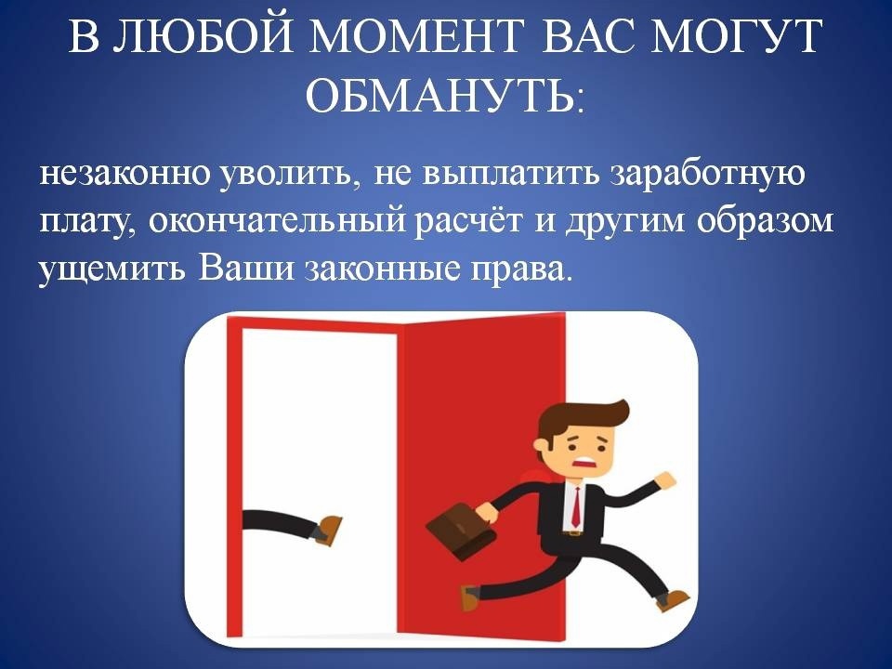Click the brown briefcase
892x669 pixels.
[x=454, y=531]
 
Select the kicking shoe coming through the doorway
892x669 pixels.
[x=325, y=530]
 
